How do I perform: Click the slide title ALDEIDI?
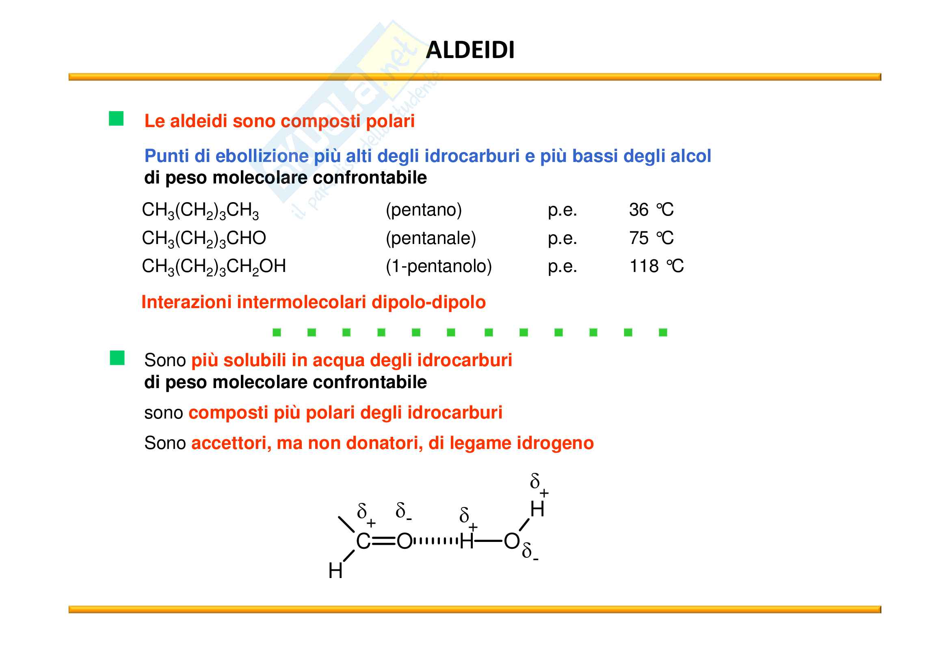[x=470, y=50]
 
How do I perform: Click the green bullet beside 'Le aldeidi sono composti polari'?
[x=116, y=119]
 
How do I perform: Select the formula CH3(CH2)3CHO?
[x=203, y=239]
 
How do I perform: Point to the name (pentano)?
[x=423, y=210]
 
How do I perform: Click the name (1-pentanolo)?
[x=438, y=266]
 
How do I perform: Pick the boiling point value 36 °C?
[x=651, y=210]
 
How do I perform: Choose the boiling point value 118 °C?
[x=656, y=266]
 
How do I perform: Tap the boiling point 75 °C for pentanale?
[x=651, y=238]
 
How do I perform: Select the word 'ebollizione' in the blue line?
[x=262, y=156]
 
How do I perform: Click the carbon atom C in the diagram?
[x=363, y=541]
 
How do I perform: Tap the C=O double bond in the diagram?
[x=383, y=541]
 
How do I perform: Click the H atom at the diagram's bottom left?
[x=335, y=571]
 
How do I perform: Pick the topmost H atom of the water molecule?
[x=537, y=509]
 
